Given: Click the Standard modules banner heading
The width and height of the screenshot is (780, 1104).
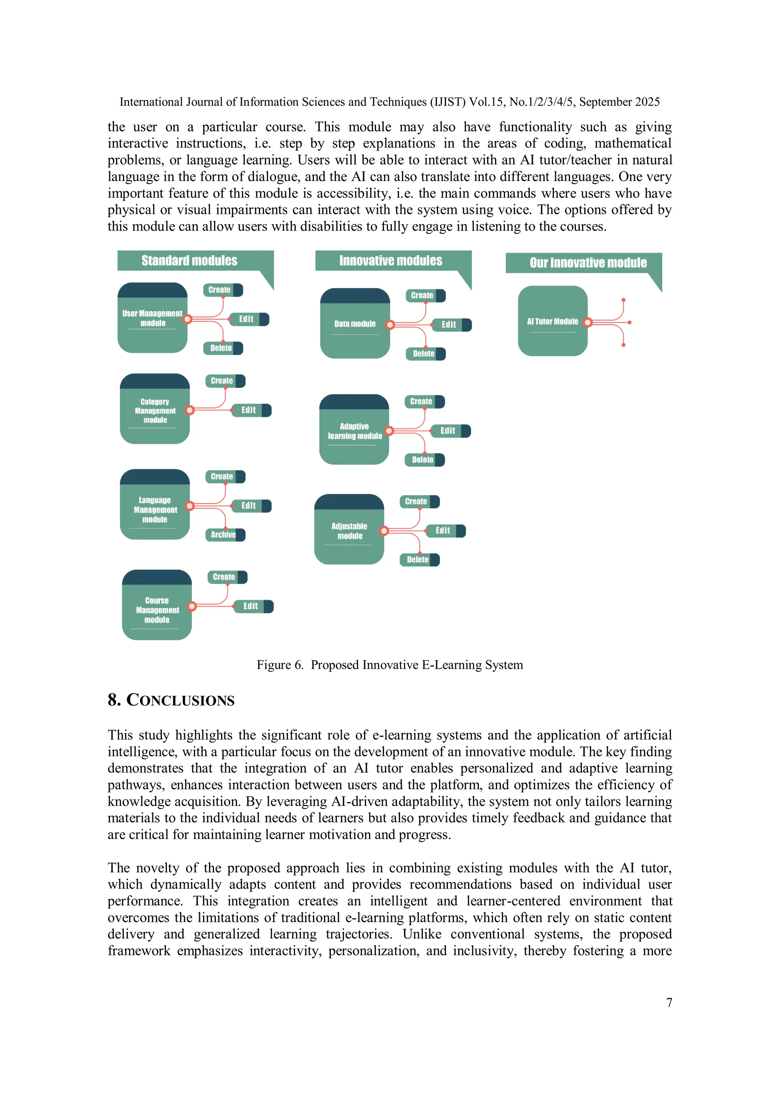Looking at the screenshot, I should (189, 261).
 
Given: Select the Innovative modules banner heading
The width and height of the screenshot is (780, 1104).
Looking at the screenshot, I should (390, 261).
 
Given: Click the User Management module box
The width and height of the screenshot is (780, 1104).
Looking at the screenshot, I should (152, 318).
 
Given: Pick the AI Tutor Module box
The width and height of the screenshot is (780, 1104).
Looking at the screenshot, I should (552, 321).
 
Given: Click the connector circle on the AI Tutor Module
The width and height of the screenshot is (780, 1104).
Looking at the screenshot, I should (587, 322).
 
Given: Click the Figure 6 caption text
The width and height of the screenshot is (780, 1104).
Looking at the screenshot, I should (390, 665).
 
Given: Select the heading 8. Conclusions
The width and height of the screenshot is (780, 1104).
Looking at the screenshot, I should (171, 700).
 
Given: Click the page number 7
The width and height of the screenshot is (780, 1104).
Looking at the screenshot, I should (669, 1003).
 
